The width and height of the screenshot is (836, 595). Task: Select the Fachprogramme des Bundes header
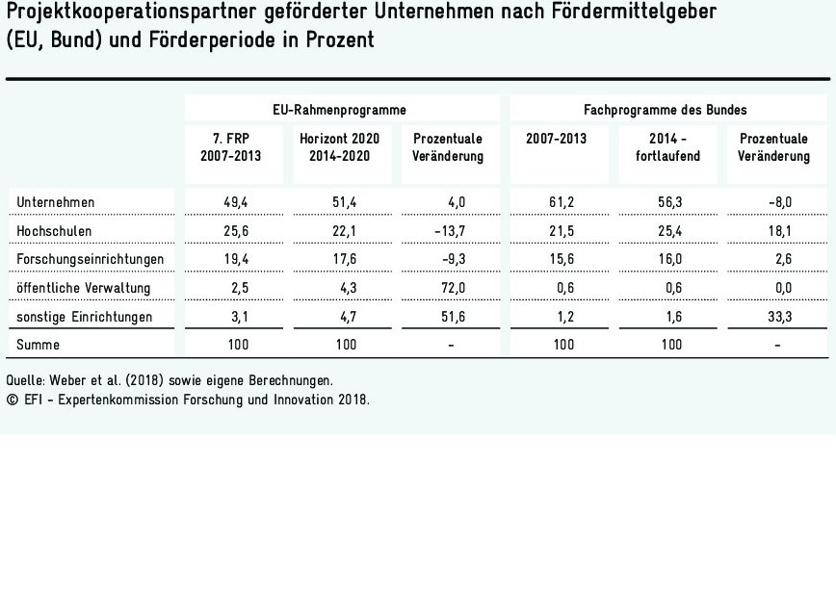pyautogui.click(x=665, y=110)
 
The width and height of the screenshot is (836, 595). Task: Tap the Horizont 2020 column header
pyautogui.click(x=339, y=147)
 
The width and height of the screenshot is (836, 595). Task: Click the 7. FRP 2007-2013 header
pyautogui.click(x=230, y=147)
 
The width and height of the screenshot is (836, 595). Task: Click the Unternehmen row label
pyautogui.click(x=56, y=201)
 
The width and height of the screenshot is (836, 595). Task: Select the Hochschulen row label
pyautogui.click(x=55, y=230)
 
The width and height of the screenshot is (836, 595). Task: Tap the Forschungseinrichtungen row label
pyautogui.click(x=91, y=259)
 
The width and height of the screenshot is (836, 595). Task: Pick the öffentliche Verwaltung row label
pyautogui.click(x=84, y=288)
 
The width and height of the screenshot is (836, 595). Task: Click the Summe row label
pyautogui.click(x=37, y=345)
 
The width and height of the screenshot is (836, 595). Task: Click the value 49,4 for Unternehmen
pyautogui.click(x=235, y=201)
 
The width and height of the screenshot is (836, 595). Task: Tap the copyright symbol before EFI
pyautogui.click(x=11, y=400)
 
